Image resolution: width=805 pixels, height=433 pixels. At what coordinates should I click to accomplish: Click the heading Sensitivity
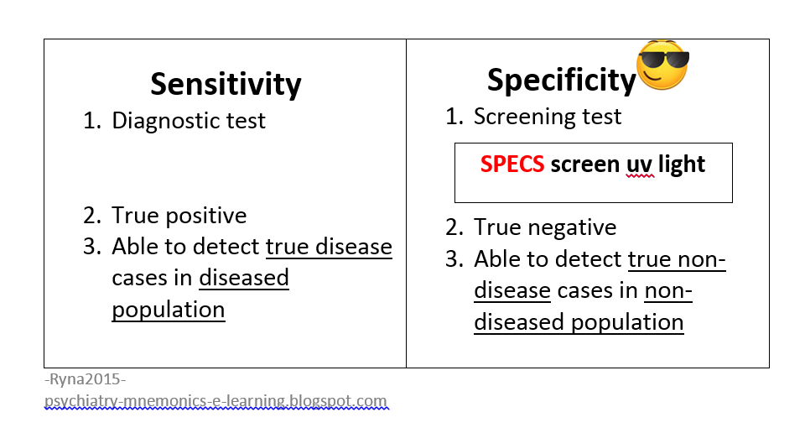226,84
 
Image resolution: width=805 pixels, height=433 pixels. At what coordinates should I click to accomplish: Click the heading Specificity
561,80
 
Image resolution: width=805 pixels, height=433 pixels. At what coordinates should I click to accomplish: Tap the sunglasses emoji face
662,67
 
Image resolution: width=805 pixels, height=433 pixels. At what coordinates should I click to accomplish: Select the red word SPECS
512,164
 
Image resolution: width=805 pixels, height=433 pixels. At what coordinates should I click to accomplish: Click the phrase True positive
179,215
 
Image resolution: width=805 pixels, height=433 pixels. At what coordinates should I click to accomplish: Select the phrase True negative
545,227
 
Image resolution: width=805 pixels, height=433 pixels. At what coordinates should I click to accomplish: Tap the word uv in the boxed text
638,164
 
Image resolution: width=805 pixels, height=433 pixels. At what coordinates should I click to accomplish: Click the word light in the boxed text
681,164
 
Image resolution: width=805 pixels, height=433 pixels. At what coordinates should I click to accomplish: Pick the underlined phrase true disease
329,247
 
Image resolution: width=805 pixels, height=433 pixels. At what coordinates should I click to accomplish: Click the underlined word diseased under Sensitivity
244,278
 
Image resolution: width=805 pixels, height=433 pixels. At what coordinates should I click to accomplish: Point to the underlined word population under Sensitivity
168,309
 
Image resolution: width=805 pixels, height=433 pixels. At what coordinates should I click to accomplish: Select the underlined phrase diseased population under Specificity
579,322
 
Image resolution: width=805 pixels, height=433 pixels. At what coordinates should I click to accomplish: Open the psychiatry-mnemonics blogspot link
216,401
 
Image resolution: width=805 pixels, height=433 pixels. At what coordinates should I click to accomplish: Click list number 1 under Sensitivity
91,120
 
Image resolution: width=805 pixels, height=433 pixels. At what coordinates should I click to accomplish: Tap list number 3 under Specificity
454,258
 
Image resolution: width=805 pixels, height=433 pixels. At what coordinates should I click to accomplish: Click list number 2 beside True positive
91,215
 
